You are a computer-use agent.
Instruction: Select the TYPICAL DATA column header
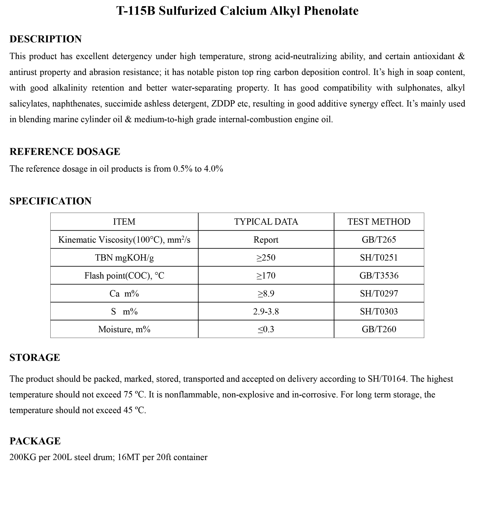coord(266,222)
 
